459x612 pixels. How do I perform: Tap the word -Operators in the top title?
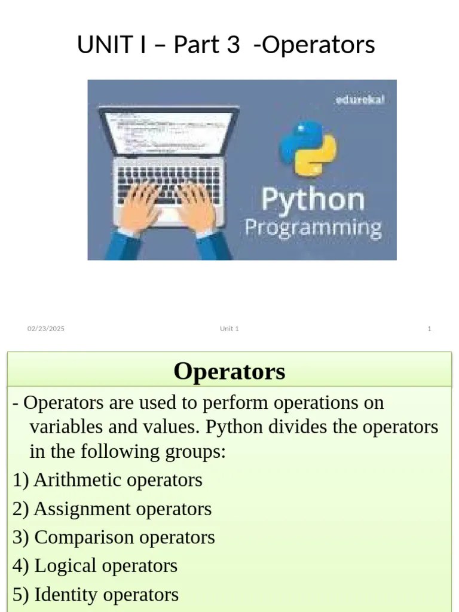click(x=314, y=45)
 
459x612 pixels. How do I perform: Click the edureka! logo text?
click(x=359, y=99)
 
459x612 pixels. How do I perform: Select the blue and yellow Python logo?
click(x=307, y=148)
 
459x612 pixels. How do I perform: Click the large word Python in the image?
click(x=313, y=199)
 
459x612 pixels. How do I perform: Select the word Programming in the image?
click(x=313, y=228)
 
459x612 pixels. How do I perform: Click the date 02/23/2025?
click(x=46, y=329)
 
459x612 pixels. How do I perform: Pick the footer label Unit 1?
click(x=229, y=329)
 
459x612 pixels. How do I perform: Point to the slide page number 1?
click(x=429, y=329)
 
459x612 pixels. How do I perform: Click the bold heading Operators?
click(x=229, y=371)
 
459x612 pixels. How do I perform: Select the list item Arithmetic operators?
click(x=118, y=479)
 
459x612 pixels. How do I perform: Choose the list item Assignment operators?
click(x=123, y=509)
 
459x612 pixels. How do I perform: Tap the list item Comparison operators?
click(x=124, y=537)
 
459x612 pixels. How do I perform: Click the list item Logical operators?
click(x=106, y=565)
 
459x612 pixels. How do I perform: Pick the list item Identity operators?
click(x=106, y=595)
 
